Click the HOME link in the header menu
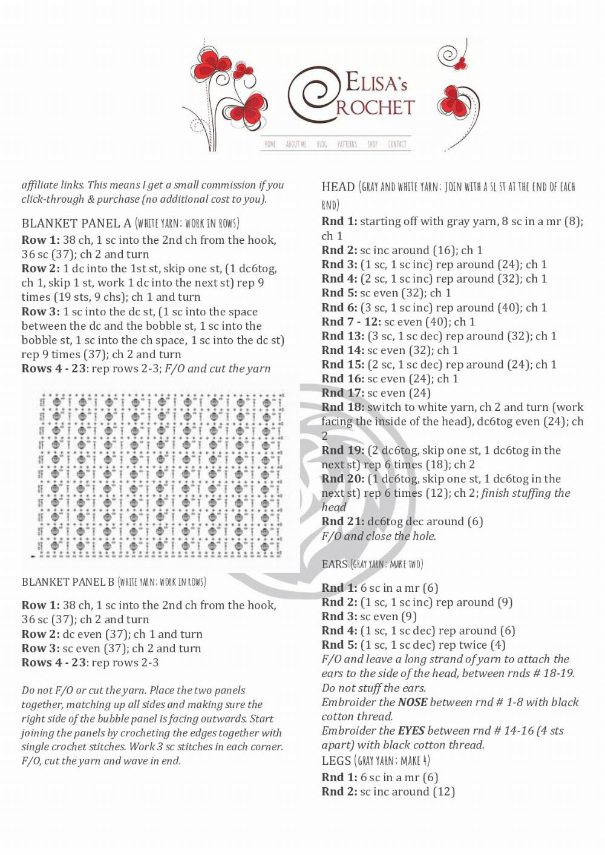click(x=270, y=144)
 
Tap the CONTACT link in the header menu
click(x=397, y=144)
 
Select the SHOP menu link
click(x=372, y=144)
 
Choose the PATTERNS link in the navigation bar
click(x=347, y=144)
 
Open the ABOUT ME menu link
click(x=296, y=144)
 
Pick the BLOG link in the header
click(x=322, y=144)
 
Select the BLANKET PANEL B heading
click(x=68, y=582)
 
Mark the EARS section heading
click(x=335, y=565)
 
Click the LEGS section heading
click(x=336, y=761)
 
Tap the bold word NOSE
click(x=413, y=703)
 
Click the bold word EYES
click(x=411, y=731)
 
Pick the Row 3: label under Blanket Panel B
click(x=41, y=648)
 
